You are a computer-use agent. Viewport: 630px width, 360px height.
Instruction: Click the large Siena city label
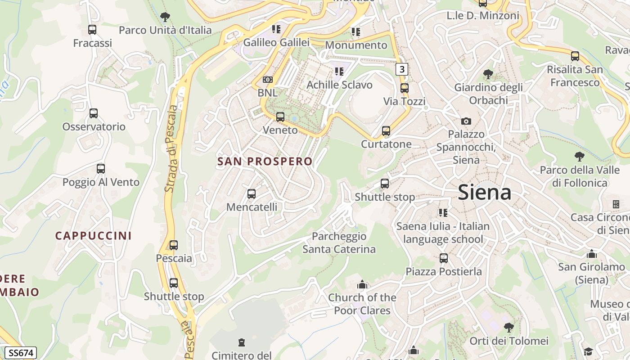pos(485,193)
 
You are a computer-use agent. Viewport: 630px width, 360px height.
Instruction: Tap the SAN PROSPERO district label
pos(265,162)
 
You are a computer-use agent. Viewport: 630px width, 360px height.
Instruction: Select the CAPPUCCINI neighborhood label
pos(94,236)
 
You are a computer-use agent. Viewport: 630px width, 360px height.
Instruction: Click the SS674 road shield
pos(21,353)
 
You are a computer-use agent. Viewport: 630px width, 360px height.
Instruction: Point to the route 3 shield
pos(402,69)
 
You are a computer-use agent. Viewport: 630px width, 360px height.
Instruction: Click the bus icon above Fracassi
pos(92,30)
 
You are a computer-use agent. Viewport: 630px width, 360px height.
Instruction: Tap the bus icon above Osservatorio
pos(94,113)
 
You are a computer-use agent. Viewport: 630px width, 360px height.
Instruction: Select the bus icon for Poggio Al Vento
pos(101,169)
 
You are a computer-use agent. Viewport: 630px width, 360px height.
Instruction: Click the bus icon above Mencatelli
pos(252,194)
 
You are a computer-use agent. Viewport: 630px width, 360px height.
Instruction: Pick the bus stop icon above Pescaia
pos(174,245)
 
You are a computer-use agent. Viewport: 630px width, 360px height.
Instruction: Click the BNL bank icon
pos(268,80)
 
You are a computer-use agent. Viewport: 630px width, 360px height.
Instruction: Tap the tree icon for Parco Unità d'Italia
pos(165,17)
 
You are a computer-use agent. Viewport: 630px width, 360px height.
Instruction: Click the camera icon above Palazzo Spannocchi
pos(466,121)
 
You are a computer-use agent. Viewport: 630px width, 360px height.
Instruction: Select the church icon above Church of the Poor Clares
pos(362,284)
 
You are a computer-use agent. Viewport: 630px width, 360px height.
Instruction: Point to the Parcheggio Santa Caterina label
pos(339,243)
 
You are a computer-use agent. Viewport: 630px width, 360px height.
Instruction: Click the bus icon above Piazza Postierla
pos(444,258)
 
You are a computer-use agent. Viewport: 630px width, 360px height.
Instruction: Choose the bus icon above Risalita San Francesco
pos(575,56)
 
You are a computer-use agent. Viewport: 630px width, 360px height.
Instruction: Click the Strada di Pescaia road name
pos(171,148)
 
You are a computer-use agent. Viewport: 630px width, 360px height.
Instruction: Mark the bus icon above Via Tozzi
pos(405,88)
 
